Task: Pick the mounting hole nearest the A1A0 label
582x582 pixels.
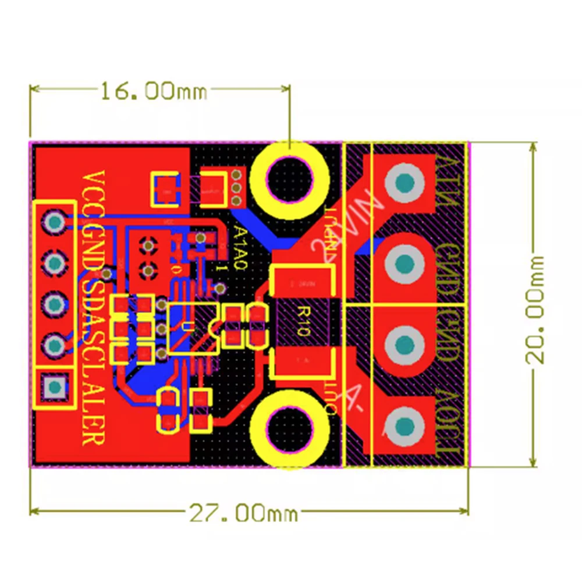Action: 289,176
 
